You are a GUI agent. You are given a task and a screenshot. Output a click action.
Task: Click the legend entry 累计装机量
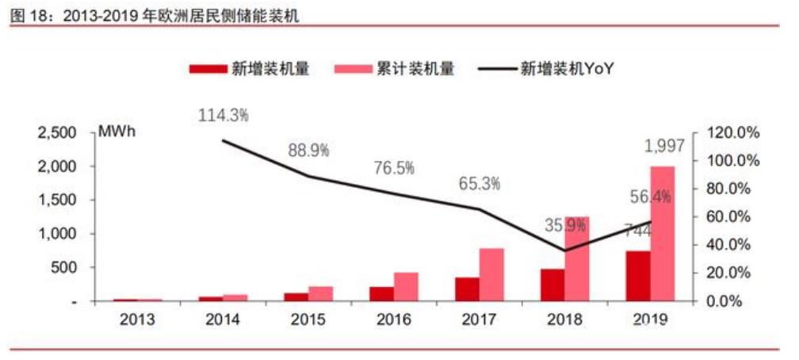click(396, 69)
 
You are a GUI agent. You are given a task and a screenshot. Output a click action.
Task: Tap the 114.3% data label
click(224, 115)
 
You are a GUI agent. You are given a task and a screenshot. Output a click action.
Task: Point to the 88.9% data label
click(308, 150)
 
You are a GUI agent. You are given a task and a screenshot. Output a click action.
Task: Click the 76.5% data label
click(395, 168)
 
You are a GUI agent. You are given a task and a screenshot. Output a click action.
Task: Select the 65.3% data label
click(480, 184)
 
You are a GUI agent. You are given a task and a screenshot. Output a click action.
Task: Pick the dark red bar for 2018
click(552, 285)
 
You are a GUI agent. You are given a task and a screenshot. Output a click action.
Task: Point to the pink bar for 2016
click(407, 287)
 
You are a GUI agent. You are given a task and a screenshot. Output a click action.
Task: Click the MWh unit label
click(116, 132)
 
